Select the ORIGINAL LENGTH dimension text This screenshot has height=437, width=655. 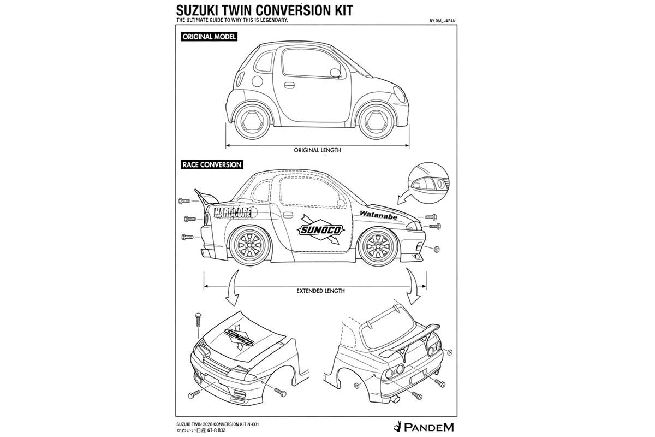317,150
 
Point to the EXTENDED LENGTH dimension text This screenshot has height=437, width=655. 320,291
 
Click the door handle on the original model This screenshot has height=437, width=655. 289,85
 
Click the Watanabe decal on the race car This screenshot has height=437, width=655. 382,214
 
